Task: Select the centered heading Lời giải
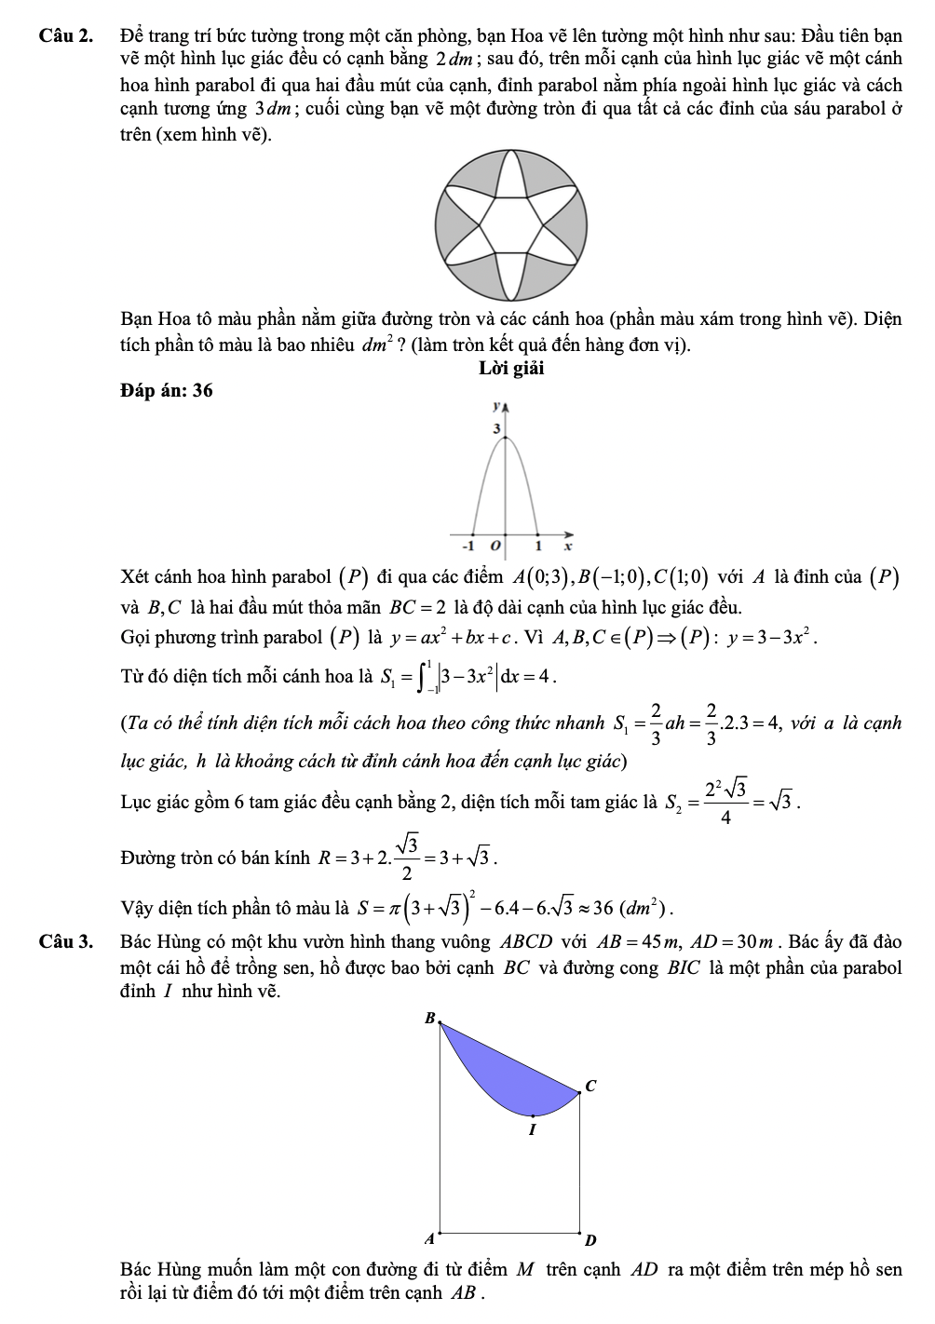pos(511,369)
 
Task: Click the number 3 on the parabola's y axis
pos(496,427)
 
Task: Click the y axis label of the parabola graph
pos(497,407)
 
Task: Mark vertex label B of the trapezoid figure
pos(429,1018)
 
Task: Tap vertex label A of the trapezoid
pos(429,1239)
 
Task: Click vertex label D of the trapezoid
pos(589,1240)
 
